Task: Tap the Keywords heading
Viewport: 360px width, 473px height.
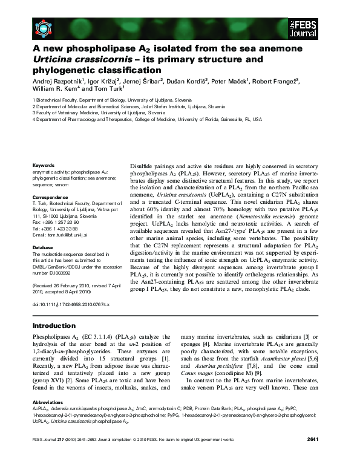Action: click(44, 165)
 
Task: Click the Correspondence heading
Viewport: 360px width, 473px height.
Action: click(51, 197)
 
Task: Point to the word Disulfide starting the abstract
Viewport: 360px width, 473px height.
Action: click(145, 165)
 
